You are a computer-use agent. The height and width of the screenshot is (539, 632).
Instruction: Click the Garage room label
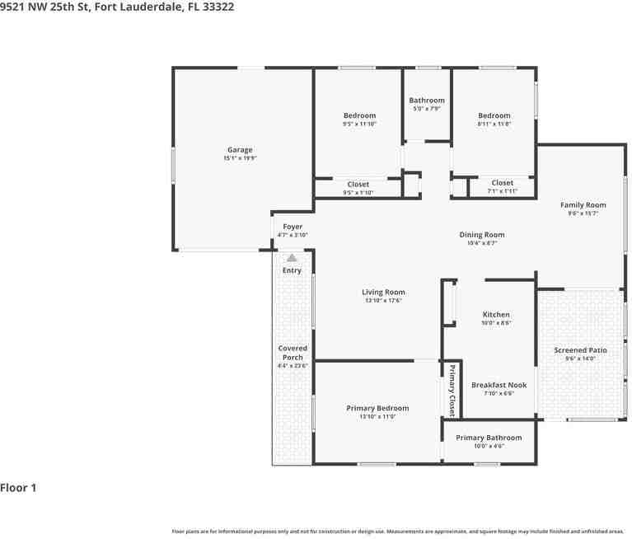pyautogui.click(x=240, y=150)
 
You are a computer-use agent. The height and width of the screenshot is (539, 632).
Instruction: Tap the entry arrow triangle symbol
pyautogui.click(x=292, y=258)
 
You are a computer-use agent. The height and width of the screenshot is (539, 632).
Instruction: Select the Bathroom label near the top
pyautogui.click(x=427, y=101)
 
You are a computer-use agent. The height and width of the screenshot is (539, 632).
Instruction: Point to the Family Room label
pyautogui.click(x=583, y=205)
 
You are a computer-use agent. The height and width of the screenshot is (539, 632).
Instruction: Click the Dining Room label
pyautogui.click(x=481, y=235)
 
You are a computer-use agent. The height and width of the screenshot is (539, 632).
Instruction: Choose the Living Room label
pyautogui.click(x=383, y=292)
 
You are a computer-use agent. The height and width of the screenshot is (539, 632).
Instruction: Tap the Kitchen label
pyautogui.click(x=496, y=315)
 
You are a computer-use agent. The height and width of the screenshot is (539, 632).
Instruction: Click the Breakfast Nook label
pyautogui.click(x=499, y=385)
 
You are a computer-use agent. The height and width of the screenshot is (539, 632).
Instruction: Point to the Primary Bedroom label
pyautogui.click(x=377, y=408)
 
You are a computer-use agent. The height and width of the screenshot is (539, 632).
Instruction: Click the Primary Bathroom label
pyautogui.click(x=489, y=438)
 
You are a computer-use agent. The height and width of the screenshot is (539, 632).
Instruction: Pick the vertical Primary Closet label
pyautogui.click(x=452, y=390)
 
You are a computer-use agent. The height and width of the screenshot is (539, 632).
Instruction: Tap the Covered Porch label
pyautogui.click(x=293, y=353)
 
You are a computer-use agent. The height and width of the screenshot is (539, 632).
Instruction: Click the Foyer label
pyautogui.click(x=293, y=227)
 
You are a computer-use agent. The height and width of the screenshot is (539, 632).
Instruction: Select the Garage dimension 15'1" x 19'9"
pyautogui.click(x=240, y=158)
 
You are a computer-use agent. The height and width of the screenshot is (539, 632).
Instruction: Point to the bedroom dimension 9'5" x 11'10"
pyautogui.click(x=359, y=124)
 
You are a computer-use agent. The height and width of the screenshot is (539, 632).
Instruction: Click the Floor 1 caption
pyautogui.click(x=18, y=488)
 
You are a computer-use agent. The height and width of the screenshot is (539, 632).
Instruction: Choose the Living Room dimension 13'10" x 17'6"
pyautogui.click(x=383, y=301)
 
